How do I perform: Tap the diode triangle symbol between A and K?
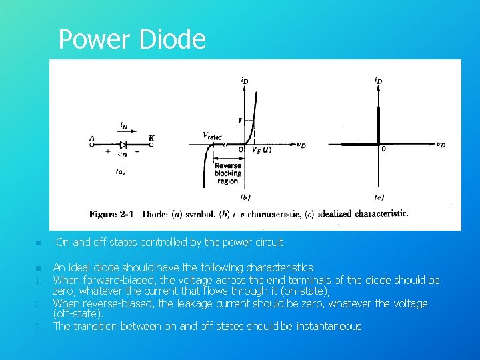(123, 145)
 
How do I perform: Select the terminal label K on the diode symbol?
(151, 137)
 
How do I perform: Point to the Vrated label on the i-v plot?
(212, 135)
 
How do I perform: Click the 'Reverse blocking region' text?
(228, 173)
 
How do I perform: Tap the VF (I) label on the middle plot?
(261, 150)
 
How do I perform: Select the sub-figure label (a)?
(121, 171)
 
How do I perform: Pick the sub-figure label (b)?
(245, 197)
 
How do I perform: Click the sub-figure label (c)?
(379, 197)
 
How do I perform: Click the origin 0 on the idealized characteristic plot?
(383, 149)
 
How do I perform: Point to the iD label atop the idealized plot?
(378, 81)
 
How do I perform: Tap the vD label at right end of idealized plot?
(441, 144)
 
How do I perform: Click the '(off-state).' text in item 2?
(78, 314)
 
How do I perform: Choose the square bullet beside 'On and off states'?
(39, 243)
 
